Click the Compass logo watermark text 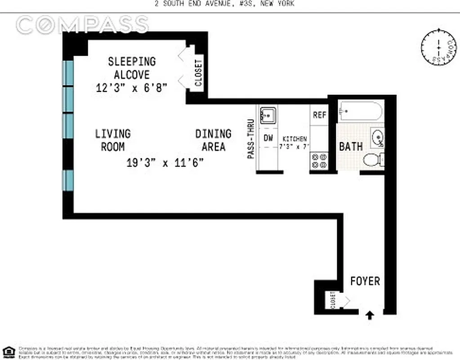[x=82, y=25]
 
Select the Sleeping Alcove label [x=131, y=67]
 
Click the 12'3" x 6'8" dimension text [x=132, y=88]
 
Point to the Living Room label [x=113, y=140]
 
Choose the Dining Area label [x=214, y=140]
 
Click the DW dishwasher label [x=268, y=138]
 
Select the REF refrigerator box [x=319, y=115]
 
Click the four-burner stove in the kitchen [x=319, y=161]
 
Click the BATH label [x=351, y=147]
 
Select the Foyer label [x=365, y=281]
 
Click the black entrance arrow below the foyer [x=370, y=315]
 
